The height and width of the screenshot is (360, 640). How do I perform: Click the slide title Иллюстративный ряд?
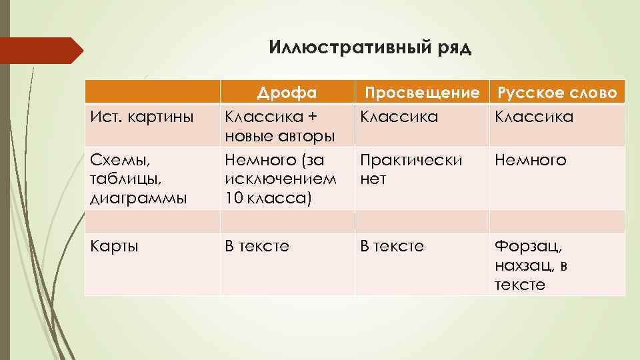tap(370, 48)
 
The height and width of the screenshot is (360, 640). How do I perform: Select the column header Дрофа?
tap(287, 92)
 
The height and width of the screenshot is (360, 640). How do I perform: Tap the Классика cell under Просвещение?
tap(399, 117)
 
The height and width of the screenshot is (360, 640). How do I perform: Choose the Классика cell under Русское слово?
tap(533, 117)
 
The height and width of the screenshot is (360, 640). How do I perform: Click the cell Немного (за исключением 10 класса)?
tap(279, 179)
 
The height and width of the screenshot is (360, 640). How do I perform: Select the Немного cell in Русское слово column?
tap(530, 160)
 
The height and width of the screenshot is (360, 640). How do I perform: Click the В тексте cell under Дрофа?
tap(257, 246)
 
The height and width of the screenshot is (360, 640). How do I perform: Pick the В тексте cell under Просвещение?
tap(392, 246)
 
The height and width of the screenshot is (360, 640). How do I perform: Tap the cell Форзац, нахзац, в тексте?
tap(531, 265)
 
